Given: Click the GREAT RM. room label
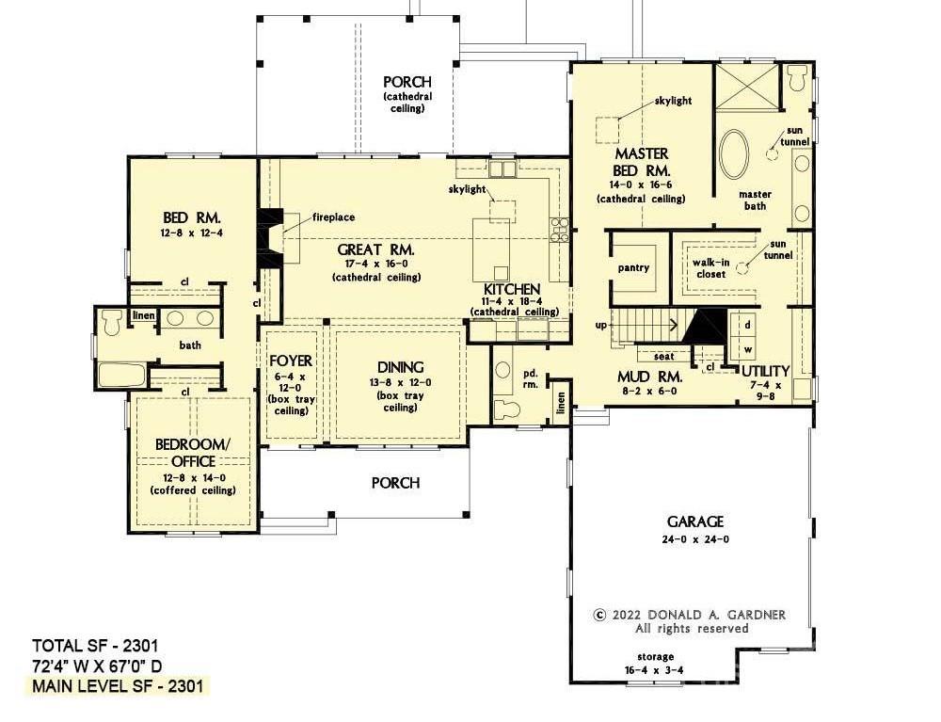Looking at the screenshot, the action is pos(375,249).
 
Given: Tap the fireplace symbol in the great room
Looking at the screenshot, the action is pos(269,236).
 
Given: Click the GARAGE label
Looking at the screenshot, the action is pos(695,521).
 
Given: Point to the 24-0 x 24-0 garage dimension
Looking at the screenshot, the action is pos(695,539).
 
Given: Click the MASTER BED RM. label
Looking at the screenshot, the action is pos(641,162).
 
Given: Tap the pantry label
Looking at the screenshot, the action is pos(633,267).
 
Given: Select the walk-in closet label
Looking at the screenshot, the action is pos(710,268).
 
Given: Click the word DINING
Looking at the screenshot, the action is pos(400,367).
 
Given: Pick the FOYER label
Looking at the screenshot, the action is pos(291,361).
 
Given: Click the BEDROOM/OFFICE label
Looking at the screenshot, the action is pos(193,453).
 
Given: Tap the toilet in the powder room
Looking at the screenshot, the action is pos(506,409).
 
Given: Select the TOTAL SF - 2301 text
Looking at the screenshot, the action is pos(95,646).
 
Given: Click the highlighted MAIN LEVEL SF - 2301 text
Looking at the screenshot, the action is pos(118,685).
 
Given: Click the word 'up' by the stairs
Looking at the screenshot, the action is pos(600,326).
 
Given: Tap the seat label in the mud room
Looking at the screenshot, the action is pos(663,357).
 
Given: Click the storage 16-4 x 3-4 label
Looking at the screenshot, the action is pos(655,664).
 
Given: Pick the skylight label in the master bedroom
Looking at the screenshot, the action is pos(673,101).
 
